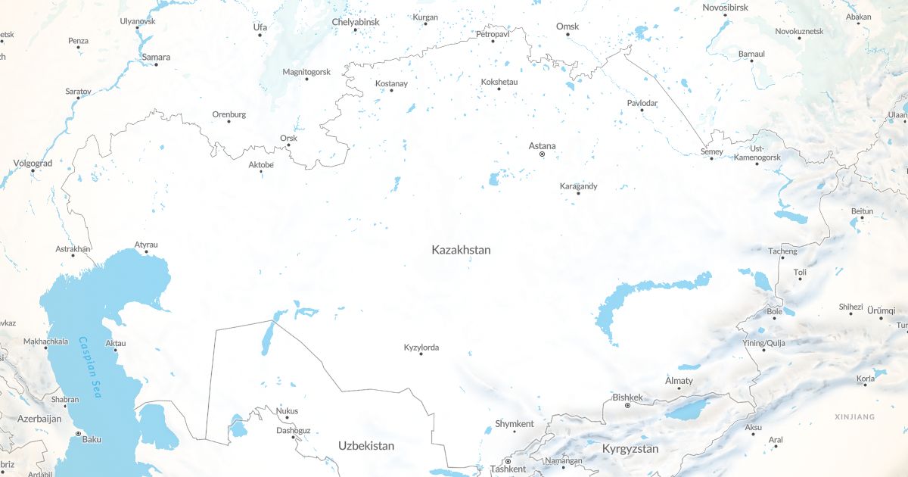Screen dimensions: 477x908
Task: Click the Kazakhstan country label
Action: [461, 249]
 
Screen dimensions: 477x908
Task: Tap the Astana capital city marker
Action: [542, 154]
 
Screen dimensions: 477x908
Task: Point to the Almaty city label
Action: [679, 381]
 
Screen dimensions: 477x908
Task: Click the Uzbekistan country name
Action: [366, 446]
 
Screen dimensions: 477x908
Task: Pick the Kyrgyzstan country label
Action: [630, 449]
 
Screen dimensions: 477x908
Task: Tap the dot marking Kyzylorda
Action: [421, 354]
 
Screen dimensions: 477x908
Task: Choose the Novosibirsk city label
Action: [726, 8]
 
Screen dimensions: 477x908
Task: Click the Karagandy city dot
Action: [578, 193]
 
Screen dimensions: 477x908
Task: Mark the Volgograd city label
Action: [33, 163]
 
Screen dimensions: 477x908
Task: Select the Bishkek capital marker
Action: [627, 406]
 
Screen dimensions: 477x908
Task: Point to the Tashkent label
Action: [508, 469]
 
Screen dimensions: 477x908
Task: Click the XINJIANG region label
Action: [854, 417]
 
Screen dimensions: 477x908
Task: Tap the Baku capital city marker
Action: [78, 434]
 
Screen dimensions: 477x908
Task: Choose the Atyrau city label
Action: [146, 245]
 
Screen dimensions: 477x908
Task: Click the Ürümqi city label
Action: [881, 310]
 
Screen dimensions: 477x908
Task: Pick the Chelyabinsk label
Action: [355, 22]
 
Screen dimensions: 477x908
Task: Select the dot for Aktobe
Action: [261, 172]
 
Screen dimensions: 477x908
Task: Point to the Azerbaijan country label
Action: [39, 419]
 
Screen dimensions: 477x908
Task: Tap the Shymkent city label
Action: [514, 424]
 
